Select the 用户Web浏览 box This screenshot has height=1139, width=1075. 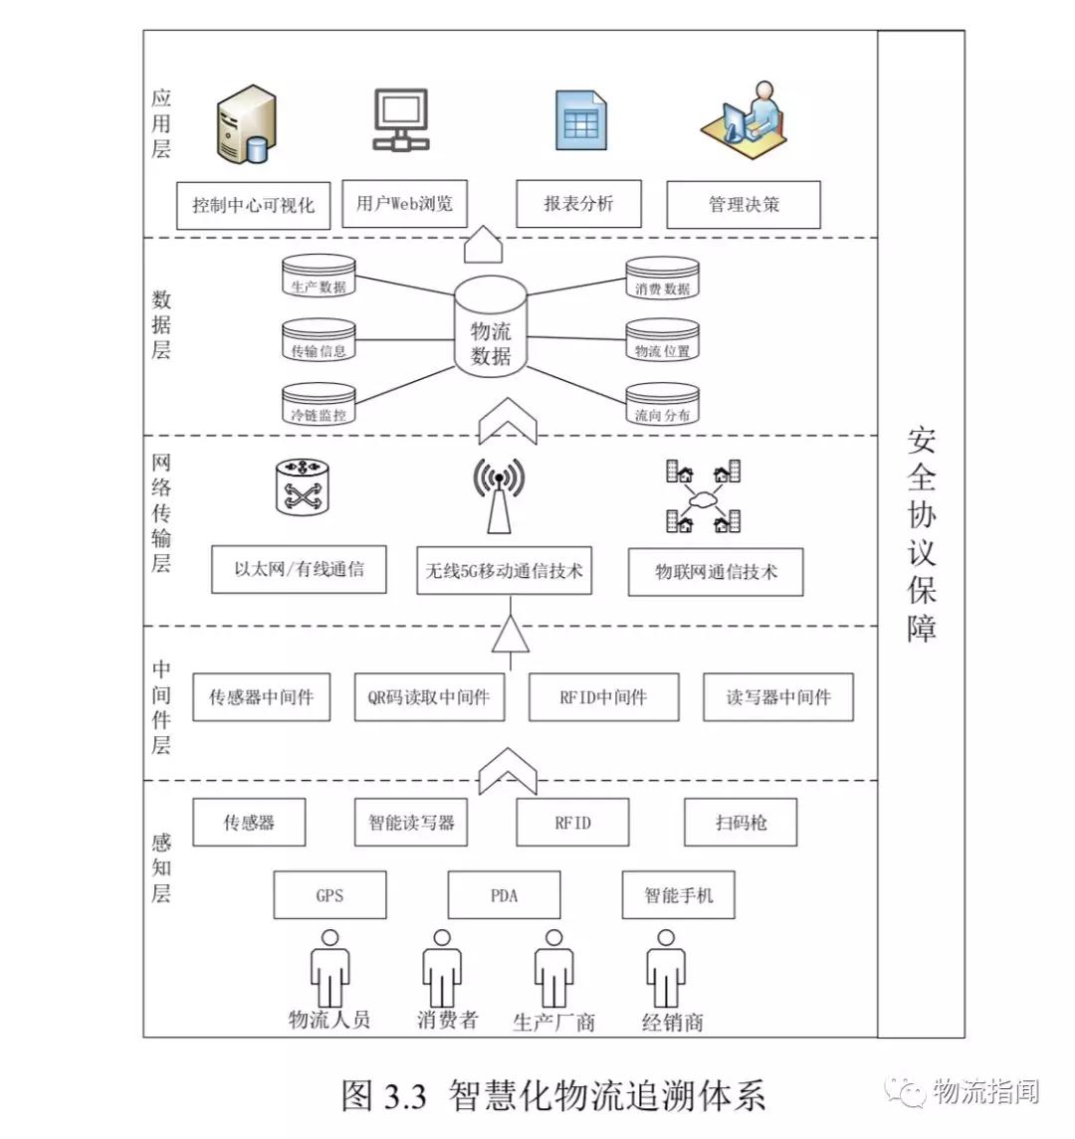[x=404, y=204]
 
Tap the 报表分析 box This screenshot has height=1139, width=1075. [x=578, y=204]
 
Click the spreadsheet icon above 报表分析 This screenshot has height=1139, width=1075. [x=580, y=121]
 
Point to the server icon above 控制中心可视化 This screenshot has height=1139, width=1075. [x=245, y=124]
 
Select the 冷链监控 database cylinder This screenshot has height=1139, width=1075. [x=319, y=404]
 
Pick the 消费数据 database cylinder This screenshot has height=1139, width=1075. [x=662, y=278]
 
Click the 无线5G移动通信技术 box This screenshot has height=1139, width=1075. [x=504, y=571]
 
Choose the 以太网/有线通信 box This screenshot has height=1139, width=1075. [x=299, y=569]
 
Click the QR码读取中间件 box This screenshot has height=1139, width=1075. [x=428, y=697]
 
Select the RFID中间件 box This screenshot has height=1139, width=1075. [x=603, y=697]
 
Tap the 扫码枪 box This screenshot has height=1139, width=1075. [x=741, y=823]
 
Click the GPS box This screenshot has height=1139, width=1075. [x=329, y=895]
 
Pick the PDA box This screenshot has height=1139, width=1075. [x=504, y=895]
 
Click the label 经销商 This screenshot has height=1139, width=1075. [x=672, y=1022]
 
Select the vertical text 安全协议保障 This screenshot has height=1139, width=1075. [x=921, y=534]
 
